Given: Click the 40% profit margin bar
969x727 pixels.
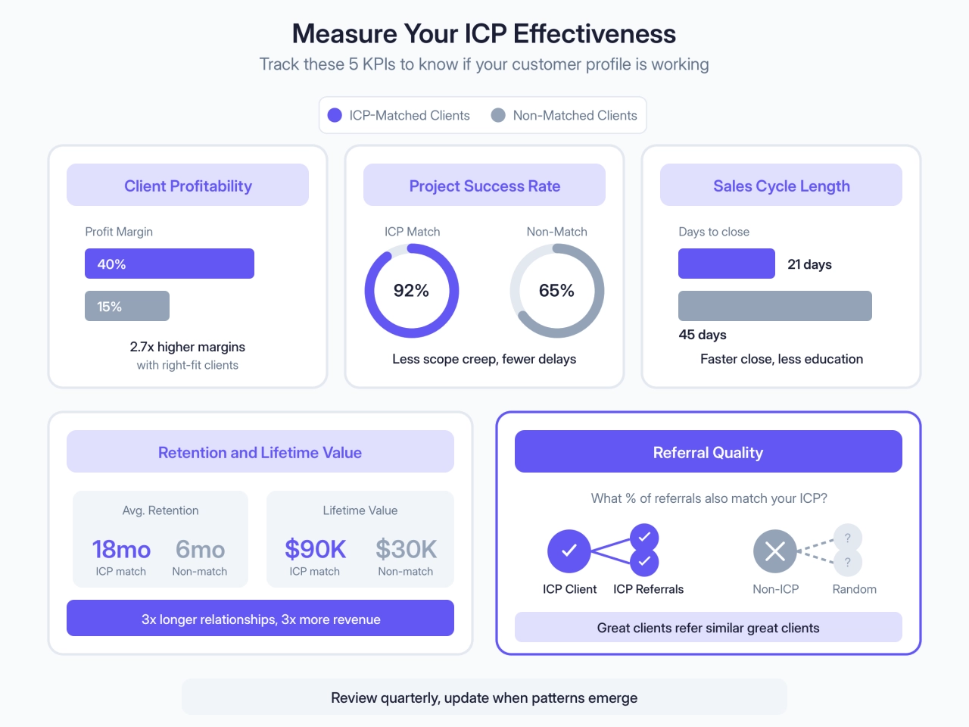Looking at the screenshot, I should (170, 264).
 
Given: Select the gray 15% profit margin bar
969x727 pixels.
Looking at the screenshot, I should (127, 306).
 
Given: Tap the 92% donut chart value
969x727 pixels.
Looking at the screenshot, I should (411, 291).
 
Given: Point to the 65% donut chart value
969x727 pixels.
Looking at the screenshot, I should (556, 291).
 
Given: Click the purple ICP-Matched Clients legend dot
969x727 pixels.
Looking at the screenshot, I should (335, 115).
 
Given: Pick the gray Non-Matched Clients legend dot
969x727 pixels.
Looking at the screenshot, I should (498, 115).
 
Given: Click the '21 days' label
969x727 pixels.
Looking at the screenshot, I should (809, 264).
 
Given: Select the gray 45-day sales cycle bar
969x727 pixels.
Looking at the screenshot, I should (775, 306).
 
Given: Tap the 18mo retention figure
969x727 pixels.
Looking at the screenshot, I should (121, 549).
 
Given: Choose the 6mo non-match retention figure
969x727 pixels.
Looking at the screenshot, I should (200, 549).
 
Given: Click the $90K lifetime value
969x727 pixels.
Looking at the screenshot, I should (315, 549).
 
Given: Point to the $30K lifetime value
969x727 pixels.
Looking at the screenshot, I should (406, 549).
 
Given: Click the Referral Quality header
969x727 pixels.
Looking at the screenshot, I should (708, 452).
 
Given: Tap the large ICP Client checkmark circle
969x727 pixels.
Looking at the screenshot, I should (569, 551).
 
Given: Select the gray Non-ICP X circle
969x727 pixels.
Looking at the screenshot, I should (775, 551).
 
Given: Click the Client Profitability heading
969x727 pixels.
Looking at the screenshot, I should (188, 186).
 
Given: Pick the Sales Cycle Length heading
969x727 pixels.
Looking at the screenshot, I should (781, 186).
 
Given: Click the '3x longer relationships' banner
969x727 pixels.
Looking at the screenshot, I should (260, 619).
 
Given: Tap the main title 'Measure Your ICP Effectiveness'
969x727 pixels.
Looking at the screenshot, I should (484, 34).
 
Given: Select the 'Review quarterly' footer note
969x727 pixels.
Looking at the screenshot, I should (484, 697).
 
